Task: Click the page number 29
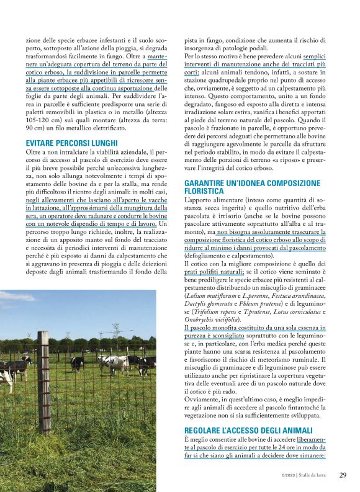tap(343, 475)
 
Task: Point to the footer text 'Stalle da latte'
tap(313, 476)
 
